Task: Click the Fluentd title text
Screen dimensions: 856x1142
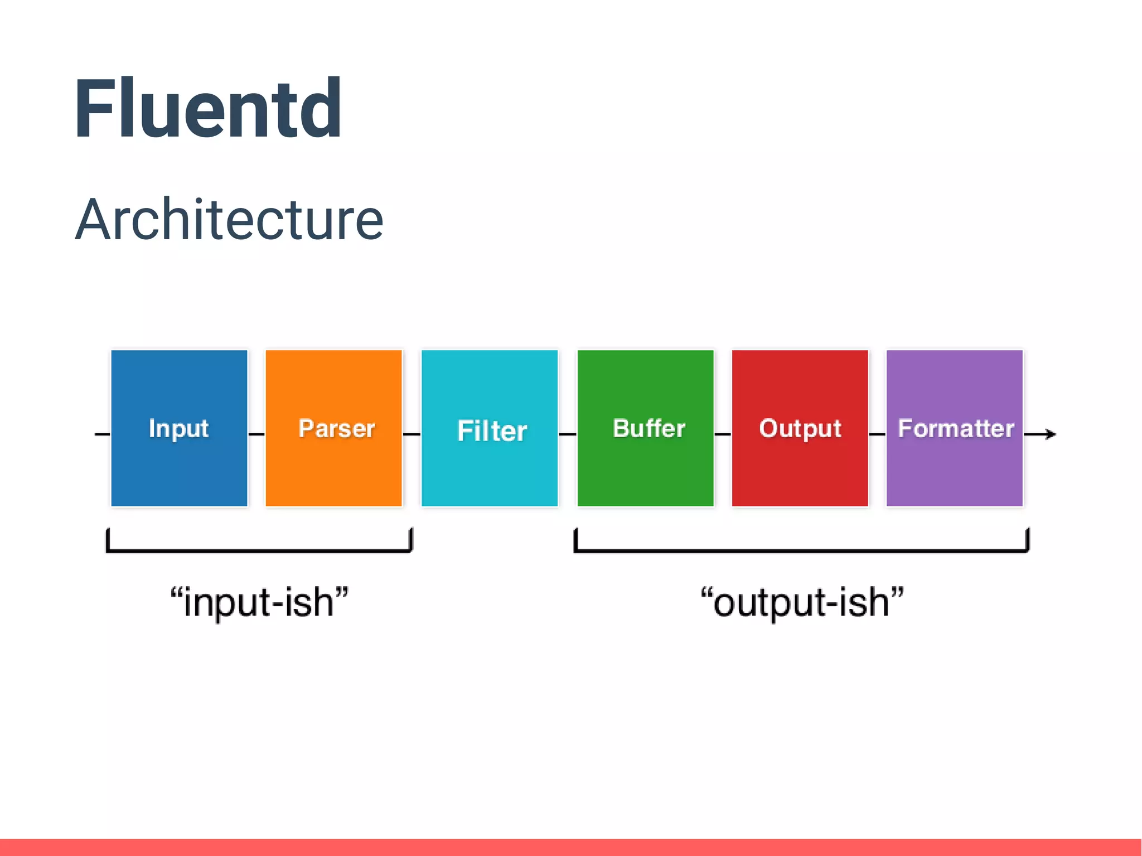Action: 207,109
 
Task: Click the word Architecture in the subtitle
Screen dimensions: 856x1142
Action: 229,220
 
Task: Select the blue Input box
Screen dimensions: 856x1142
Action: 179,428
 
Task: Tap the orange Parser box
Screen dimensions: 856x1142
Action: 333,428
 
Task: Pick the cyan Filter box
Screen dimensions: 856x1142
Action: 489,428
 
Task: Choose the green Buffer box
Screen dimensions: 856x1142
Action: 645,428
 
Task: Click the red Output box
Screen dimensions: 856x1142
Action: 800,428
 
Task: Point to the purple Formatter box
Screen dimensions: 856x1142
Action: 954,428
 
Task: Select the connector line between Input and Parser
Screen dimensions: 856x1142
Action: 257,434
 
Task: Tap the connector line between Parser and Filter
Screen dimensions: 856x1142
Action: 412,434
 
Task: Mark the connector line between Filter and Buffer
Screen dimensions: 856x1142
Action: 567,434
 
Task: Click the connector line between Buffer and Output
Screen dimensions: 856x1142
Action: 723,434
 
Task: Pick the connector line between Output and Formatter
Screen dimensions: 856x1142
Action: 877,434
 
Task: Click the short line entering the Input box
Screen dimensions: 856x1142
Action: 102,434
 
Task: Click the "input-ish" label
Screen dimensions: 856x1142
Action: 259,603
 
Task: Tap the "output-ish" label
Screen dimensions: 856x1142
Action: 801,603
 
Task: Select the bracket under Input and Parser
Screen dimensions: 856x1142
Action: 259,550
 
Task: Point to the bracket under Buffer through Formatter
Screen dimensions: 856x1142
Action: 801,550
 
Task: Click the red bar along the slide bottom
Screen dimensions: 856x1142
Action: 571,847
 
